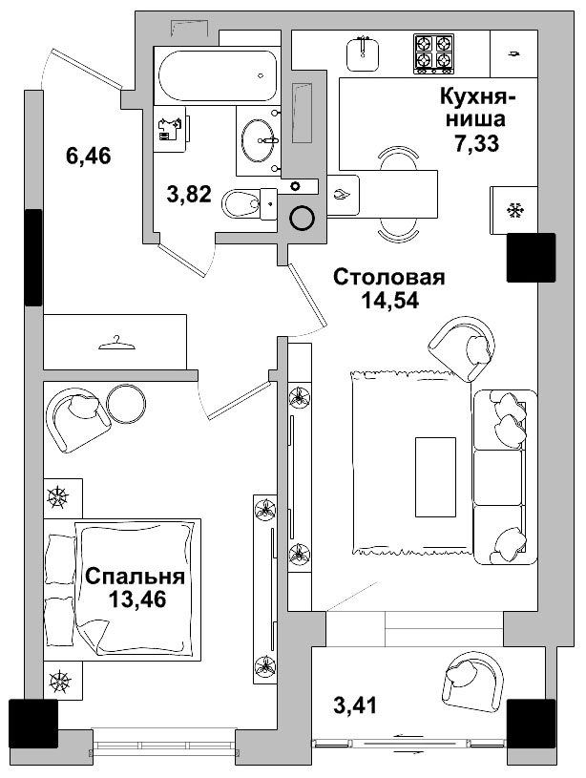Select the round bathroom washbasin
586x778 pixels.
pyautogui.click(x=258, y=141)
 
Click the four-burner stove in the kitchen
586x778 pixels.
pyautogui.click(x=434, y=53)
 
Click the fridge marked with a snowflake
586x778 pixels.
pyautogui.click(x=513, y=208)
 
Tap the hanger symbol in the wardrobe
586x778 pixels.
pyautogui.click(x=115, y=342)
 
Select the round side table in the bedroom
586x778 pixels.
pyautogui.click(x=125, y=404)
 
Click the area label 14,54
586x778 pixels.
pyautogui.click(x=389, y=300)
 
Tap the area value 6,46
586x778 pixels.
pyautogui.click(x=89, y=157)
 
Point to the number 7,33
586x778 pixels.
pyautogui.click(x=477, y=143)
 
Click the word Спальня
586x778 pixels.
pyautogui.click(x=135, y=577)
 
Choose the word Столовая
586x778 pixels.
pyautogui.click(x=389, y=278)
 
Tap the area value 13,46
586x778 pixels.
pyautogui.click(x=137, y=599)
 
